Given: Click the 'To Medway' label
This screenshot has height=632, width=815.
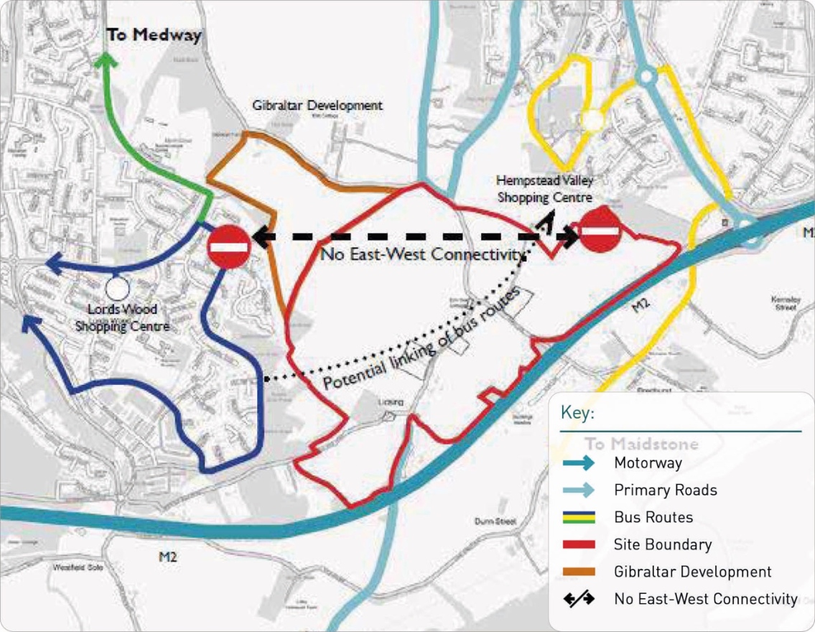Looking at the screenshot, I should tap(154, 35).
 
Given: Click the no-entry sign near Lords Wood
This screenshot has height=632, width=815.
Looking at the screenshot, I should tap(228, 246).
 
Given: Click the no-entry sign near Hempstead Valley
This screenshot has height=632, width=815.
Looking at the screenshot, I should tap(600, 231).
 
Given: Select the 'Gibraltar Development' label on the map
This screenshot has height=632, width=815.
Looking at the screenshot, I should tap(317, 106).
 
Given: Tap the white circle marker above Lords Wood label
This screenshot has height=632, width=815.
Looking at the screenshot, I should tap(116, 289).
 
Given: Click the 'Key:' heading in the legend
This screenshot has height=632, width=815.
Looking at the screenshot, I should tap(577, 414).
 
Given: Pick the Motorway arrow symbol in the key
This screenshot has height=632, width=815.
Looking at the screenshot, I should tap(579, 463).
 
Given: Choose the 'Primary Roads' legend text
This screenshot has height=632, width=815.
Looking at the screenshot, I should tap(665, 491).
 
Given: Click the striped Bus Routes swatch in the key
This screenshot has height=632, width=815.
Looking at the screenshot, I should tap(579, 517).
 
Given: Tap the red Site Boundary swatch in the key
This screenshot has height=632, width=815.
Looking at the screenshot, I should tap(579, 544).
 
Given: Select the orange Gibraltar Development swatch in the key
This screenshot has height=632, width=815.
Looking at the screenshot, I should tap(579, 572).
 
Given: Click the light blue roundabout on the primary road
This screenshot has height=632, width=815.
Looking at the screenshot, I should tap(646, 75).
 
